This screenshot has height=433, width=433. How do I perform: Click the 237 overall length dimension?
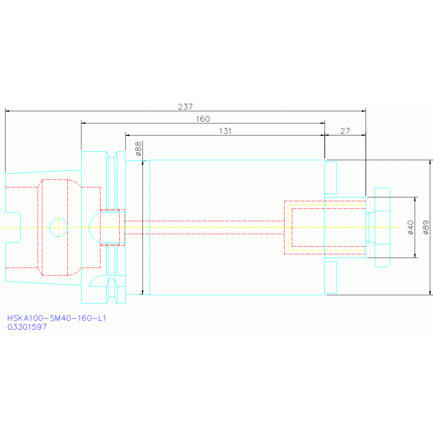[185, 107]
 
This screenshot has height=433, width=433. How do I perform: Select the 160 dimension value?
[203, 119]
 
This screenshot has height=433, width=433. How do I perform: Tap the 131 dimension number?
[225, 131]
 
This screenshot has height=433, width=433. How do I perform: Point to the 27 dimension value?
[345, 131]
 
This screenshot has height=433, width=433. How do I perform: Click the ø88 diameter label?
[138, 148]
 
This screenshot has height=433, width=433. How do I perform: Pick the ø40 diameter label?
[410, 228]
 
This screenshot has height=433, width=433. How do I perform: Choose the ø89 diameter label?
[426, 228]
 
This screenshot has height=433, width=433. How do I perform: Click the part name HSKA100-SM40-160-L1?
[56, 318]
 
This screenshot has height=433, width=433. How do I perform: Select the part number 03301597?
[27, 327]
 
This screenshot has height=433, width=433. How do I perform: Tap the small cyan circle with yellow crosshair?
[58, 228]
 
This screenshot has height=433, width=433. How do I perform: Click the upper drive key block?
[331, 178]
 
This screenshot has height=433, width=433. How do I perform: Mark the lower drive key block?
[331, 277]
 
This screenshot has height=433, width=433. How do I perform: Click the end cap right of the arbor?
[382, 228]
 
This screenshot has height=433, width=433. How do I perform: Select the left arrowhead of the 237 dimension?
[7, 111]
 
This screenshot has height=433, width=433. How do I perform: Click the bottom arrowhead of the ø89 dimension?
[430, 292]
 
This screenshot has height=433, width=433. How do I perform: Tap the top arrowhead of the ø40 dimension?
[415, 200]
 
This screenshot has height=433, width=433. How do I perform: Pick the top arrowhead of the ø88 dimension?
[142, 163]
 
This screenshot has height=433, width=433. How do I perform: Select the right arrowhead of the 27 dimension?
[364, 135]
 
